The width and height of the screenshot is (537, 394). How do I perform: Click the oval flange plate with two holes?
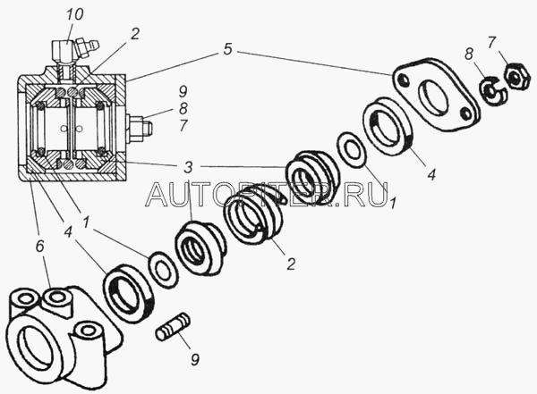click(x=435, y=95)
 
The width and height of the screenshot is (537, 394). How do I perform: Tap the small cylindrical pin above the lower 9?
click(x=173, y=327)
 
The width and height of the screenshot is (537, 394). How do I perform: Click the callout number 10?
click(x=74, y=14)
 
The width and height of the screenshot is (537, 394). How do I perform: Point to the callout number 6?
click(x=39, y=246)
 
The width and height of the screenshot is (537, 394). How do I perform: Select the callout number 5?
click(x=227, y=49)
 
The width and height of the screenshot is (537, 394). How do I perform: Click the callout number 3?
click(x=187, y=168)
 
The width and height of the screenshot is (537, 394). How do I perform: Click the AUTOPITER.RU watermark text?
click(x=267, y=194)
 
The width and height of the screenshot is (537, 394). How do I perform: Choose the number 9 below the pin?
click(x=195, y=359)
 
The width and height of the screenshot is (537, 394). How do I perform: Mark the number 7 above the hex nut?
click(x=491, y=42)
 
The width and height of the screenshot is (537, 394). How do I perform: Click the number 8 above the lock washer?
click(x=469, y=54)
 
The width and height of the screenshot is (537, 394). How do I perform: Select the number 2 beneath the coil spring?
click(x=291, y=264)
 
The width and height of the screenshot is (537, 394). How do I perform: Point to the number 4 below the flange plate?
click(x=431, y=174)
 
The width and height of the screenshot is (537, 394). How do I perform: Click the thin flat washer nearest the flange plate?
click(x=352, y=149)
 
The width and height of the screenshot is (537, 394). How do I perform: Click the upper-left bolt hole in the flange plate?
click(x=405, y=80)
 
